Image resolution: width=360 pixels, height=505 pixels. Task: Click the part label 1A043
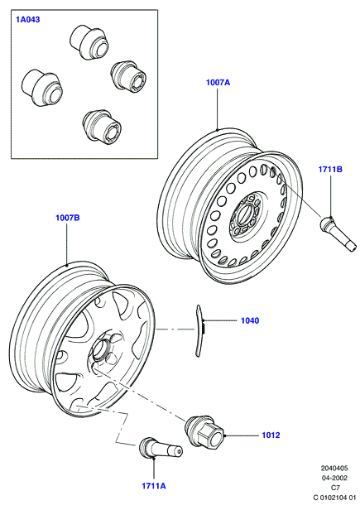click(28, 20)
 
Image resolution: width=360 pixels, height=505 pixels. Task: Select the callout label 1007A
click(218, 83)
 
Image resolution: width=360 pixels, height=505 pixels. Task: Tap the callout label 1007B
click(68, 218)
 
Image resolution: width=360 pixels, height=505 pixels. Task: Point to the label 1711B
click(330, 170)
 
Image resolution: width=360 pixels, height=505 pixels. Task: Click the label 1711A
click(154, 486)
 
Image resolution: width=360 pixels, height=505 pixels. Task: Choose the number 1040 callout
click(250, 320)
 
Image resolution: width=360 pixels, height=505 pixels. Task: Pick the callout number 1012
click(271, 435)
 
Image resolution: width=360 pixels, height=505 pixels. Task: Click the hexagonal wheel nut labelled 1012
click(204, 431)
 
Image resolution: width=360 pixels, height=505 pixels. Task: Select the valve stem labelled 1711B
click(338, 233)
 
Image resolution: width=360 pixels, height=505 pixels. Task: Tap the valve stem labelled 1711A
click(161, 448)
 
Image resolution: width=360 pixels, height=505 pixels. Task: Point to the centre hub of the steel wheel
click(246, 216)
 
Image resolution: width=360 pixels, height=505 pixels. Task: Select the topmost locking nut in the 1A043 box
click(87, 42)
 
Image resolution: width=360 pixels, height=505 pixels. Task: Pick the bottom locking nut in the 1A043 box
click(102, 126)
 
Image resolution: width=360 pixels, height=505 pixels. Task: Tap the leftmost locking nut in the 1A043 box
click(42, 88)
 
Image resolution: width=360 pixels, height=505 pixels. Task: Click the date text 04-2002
click(334, 478)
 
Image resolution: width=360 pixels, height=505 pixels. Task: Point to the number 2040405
click(334, 469)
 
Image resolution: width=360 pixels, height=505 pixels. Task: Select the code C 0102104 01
click(334, 498)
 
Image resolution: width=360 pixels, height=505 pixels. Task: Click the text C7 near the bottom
click(335, 488)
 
